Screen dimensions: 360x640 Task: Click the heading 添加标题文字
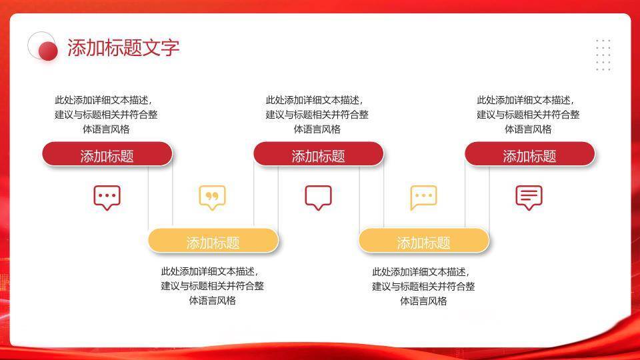[x=123, y=48]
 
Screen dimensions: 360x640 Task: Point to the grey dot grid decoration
[x=603, y=55]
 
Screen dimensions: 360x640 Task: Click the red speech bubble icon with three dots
[x=107, y=197]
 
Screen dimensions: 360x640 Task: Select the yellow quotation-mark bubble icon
[x=212, y=197]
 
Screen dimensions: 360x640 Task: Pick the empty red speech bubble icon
[x=318, y=197]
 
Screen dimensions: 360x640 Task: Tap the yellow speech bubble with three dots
[x=423, y=197]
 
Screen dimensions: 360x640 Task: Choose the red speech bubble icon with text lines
[x=529, y=197]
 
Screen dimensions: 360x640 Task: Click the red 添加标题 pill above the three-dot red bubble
[x=107, y=155]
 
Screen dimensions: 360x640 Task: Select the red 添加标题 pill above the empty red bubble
[x=318, y=155]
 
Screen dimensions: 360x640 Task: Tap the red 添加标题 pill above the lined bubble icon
[x=529, y=155]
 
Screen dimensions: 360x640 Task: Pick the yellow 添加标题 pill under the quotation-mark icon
[x=213, y=242]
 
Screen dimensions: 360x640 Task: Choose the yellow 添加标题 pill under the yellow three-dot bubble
[x=423, y=242]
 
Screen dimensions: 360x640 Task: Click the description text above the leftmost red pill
[x=107, y=115]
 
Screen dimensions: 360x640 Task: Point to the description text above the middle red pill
[x=317, y=115]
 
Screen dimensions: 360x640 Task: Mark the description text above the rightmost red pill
[x=528, y=115]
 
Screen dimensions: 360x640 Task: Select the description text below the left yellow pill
[x=212, y=286]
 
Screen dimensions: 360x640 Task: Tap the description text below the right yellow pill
[x=423, y=286]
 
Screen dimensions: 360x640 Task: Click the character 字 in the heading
[x=171, y=48]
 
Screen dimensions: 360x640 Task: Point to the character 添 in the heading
[x=77, y=48]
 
